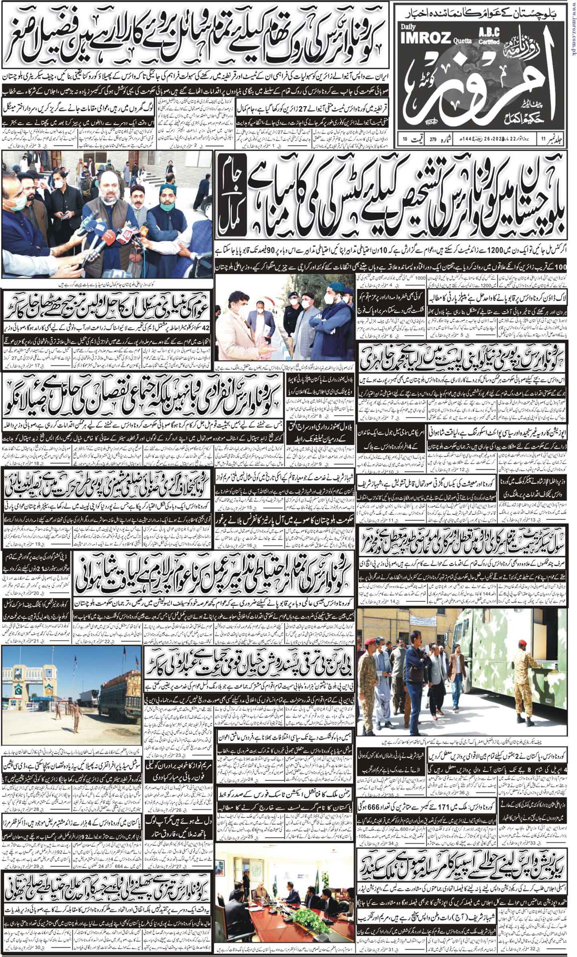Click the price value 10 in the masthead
coord(405,139)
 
